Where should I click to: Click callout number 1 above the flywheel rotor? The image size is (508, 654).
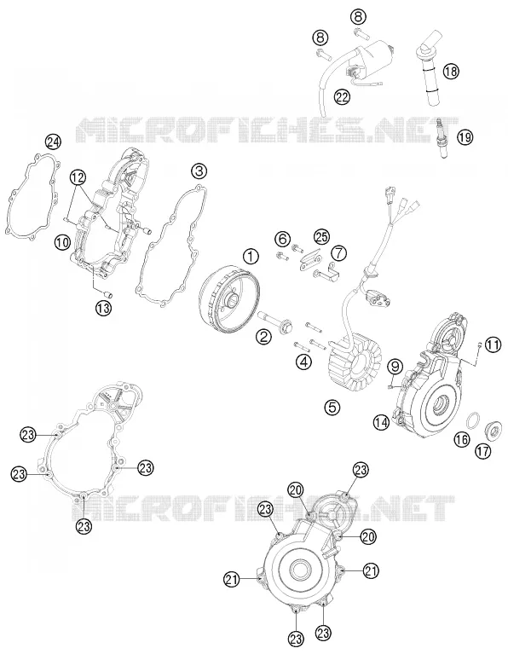(251, 256)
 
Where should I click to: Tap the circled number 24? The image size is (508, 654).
(53, 142)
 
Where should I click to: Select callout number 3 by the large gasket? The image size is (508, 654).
(199, 171)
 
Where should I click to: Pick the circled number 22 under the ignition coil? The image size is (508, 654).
(342, 96)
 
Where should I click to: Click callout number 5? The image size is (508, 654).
(332, 407)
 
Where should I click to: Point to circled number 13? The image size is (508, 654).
(102, 308)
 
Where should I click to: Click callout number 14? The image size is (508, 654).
(381, 423)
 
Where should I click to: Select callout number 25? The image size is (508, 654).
(321, 237)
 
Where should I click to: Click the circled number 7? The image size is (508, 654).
(338, 252)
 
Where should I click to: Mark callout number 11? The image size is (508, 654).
(493, 345)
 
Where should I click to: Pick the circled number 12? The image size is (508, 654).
(78, 177)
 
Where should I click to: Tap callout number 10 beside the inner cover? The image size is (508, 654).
(62, 241)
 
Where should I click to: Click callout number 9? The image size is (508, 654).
(395, 367)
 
